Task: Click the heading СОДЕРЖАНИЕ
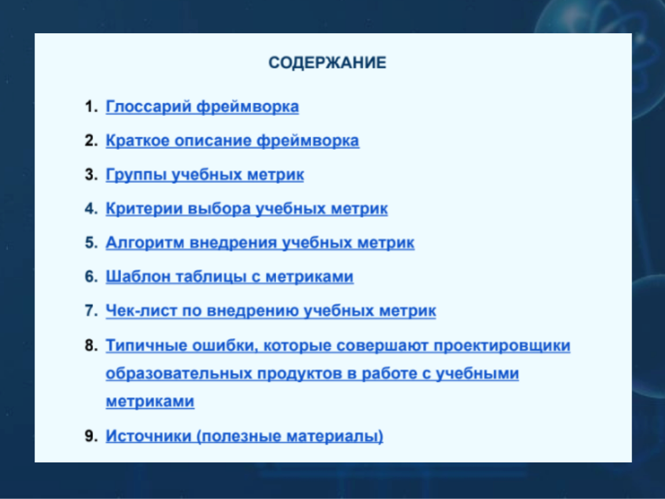[327, 63]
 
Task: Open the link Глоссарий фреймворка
[202, 106]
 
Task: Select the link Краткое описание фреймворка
[232, 140]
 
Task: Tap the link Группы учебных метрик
[205, 174]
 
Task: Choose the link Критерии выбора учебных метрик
[247, 208]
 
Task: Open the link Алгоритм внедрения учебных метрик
[260, 242]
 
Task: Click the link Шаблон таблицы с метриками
[229, 276]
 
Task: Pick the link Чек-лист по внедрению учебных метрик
[271, 310]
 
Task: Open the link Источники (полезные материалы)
[244, 436]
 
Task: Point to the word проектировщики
[501, 345]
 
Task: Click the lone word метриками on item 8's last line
[150, 401]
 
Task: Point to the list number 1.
[90, 106]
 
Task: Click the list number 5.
[90, 242]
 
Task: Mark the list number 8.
[90, 345]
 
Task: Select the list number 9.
[90, 436]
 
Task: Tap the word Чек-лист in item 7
[141, 310]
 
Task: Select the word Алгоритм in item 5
[144, 243]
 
